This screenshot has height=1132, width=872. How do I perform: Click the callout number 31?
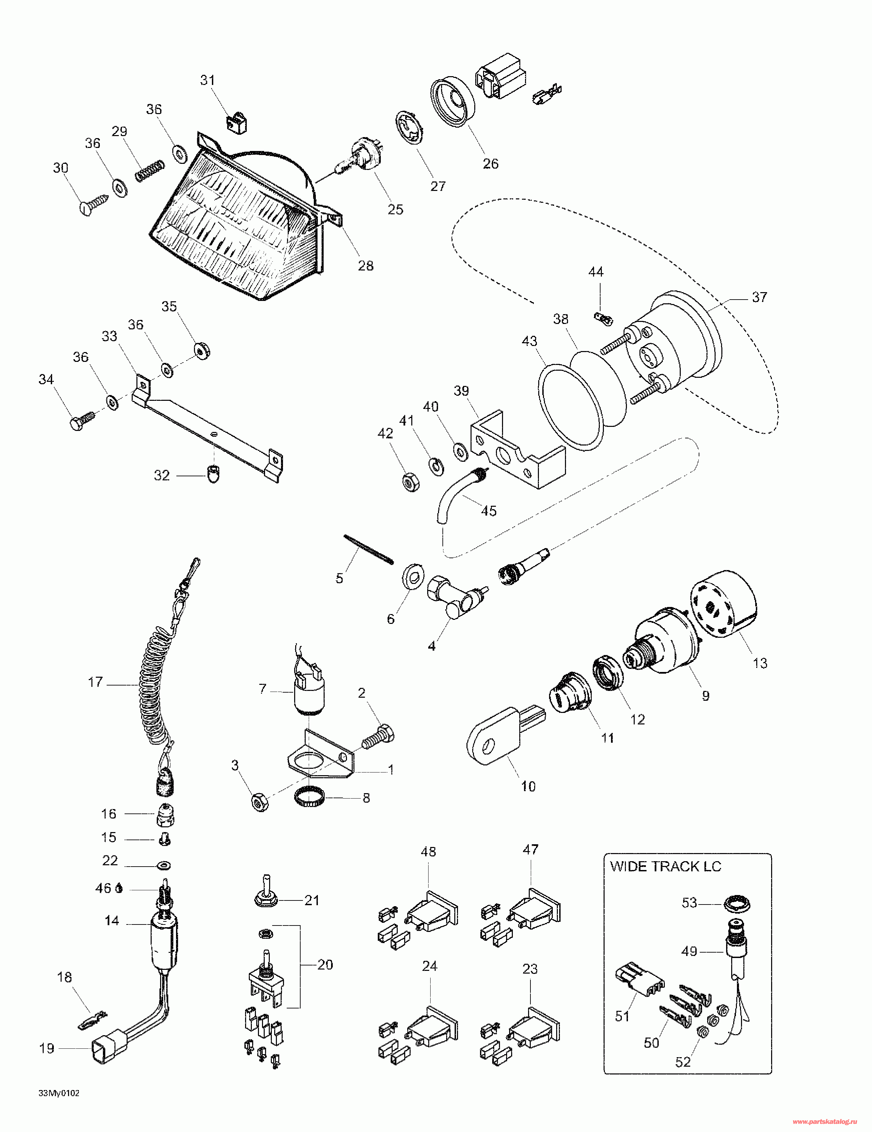[208, 80]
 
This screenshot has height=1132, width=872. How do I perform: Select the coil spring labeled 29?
[150, 170]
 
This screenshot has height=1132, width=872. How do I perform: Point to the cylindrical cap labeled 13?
[723, 604]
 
